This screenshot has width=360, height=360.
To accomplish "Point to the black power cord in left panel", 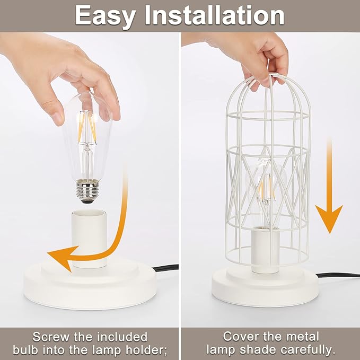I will point(165,268).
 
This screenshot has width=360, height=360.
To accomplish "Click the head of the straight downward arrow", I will point(329,220).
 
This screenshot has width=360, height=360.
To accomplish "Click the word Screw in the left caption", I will point(52,337).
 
